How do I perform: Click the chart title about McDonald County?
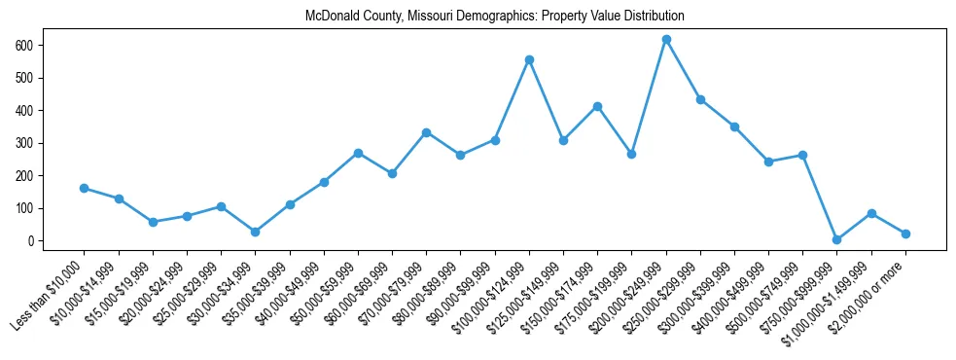click(x=494, y=17)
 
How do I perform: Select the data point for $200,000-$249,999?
click(x=666, y=39)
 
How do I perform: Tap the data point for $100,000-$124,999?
click(x=529, y=59)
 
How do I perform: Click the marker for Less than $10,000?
click(x=84, y=188)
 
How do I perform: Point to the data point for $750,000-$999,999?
click(x=837, y=239)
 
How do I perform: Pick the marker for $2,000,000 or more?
click(x=905, y=234)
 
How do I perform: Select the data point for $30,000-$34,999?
click(x=255, y=232)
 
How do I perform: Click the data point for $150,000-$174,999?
click(x=597, y=106)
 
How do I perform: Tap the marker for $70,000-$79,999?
click(x=426, y=132)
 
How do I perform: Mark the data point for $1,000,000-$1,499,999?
click(x=871, y=213)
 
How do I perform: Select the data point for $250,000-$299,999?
click(x=700, y=99)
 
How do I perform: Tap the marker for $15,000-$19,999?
click(x=153, y=222)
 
